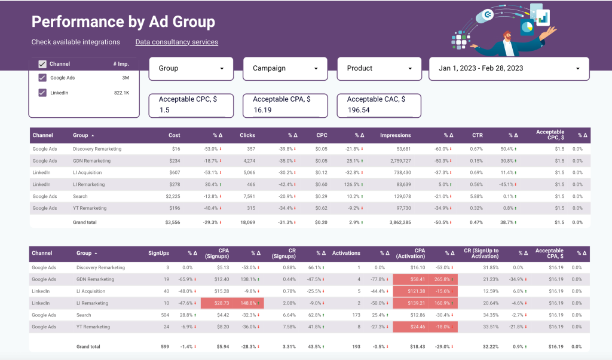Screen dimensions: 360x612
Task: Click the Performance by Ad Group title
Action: coord(123,22)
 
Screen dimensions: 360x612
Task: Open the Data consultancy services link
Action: coord(176,42)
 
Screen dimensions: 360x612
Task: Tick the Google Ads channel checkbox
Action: coord(42,78)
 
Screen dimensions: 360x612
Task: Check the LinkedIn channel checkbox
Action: coord(42,93)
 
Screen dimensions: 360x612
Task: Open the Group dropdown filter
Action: coord(191,69)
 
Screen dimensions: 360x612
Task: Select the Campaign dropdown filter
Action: coord(285,69)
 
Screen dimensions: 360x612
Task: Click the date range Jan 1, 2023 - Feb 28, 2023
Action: coord(509,69)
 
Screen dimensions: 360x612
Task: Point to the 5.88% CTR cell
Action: coord(476,196)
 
